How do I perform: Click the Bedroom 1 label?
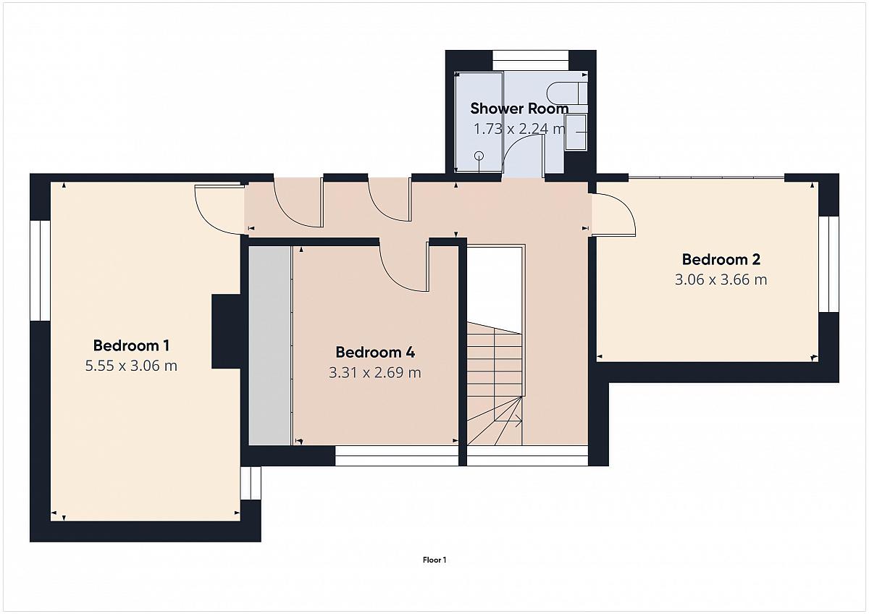click(131, 345)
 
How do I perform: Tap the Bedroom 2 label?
click(721, 259)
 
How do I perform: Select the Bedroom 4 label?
click(375, 352)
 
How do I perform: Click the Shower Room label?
click(519, 109)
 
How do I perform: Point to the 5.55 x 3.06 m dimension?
click(131, 366)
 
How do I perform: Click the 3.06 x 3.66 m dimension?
click(721, 279)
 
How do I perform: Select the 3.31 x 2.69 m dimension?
click(375, 373)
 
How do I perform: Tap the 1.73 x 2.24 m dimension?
click(519, 129)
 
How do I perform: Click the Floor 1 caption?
click(434, 560)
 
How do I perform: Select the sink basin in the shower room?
click(576, 133)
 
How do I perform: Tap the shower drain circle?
click(479, 156)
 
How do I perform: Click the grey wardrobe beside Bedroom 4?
click(269, 345)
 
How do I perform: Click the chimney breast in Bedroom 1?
click(226, 331)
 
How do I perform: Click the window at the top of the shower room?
click(531, 55)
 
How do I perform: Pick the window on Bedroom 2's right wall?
click(829, 264)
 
